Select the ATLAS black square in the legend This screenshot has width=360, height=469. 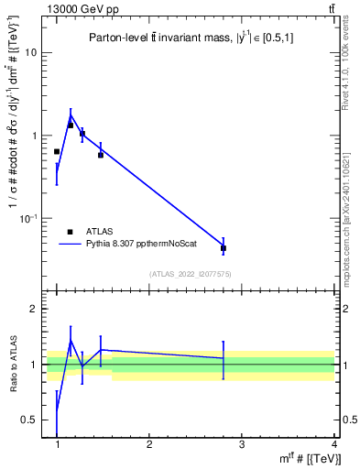coord(71,232)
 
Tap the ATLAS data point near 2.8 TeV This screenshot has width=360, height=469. coord(224,248)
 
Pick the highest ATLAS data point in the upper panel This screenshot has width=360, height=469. coord(71,125)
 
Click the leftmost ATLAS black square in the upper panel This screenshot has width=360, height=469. coord(57,151)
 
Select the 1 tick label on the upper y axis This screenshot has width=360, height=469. coord(34,136)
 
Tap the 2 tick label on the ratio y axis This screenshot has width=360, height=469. coord(34,310)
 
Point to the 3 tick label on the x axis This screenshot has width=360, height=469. coord(242,444)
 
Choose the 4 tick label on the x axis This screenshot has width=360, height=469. coord(333,444)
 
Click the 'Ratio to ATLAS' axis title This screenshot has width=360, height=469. coord(13,365)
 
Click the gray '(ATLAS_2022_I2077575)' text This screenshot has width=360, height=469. coord(191,274)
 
